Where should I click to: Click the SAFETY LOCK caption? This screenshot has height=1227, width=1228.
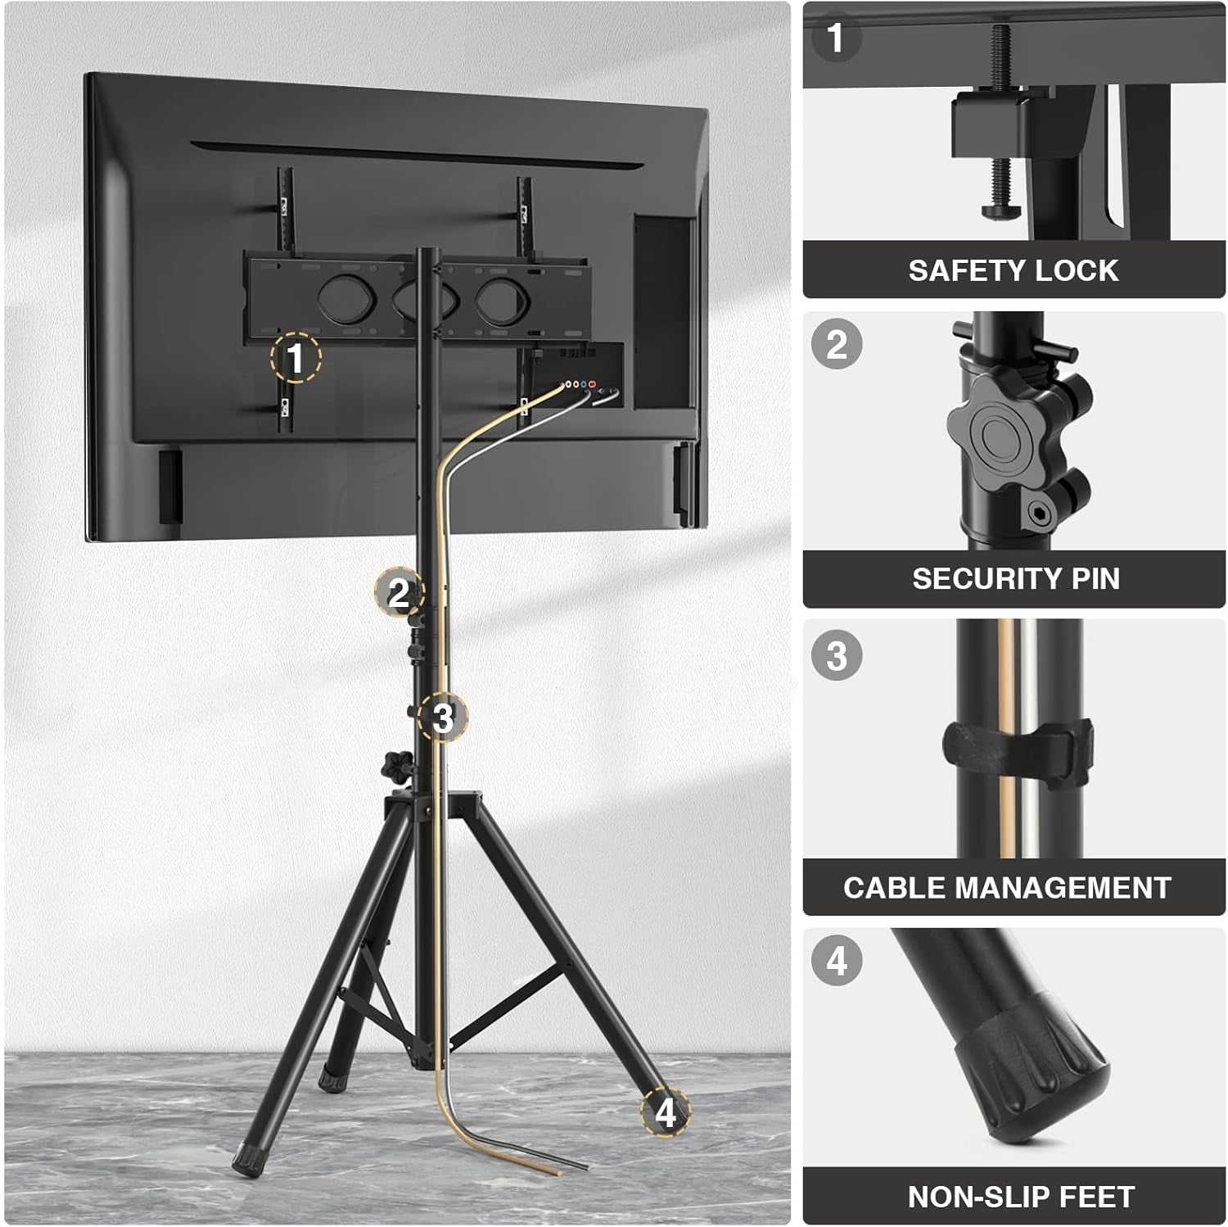tap(1013, 270)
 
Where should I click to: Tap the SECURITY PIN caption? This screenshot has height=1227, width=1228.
tap(1016, 578)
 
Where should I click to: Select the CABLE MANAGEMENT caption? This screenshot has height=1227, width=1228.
tap(1007, 888)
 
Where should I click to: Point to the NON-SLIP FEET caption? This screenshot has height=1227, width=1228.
tap(1021, 1197)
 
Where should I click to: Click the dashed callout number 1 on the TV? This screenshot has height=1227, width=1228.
tap(296, 358)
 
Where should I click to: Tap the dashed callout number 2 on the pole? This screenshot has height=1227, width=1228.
tap(399, 592)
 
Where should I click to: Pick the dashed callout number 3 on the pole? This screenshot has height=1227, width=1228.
tap(442, 718)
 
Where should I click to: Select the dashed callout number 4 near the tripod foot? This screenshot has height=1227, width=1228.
tap(665, 1113)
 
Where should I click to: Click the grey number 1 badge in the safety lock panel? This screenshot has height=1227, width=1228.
tap(835, 37)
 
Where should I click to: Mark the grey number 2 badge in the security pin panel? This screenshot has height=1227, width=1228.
tap(836, 343)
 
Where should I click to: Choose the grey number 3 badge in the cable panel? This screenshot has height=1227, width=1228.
tap(836, 655)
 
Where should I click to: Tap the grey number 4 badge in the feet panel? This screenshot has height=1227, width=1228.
tap(836, 960)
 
